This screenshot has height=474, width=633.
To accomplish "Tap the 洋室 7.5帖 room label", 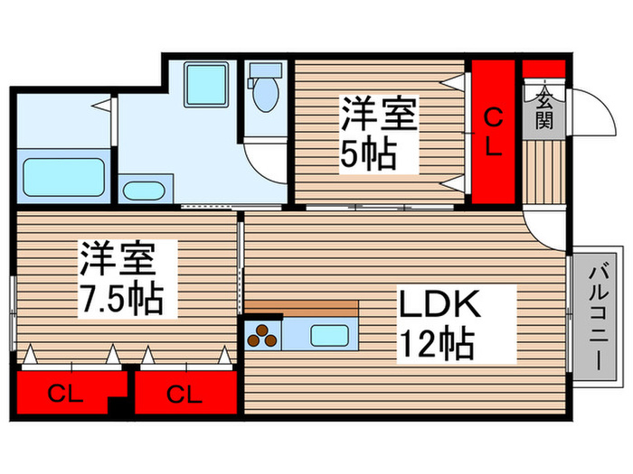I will [121, 277].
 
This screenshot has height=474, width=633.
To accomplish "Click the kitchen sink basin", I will [330, 335].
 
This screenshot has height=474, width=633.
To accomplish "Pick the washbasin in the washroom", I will [142, 191].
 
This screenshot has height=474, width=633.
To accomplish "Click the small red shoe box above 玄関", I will [543, 70].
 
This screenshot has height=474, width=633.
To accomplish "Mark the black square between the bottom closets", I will [117, 405].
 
